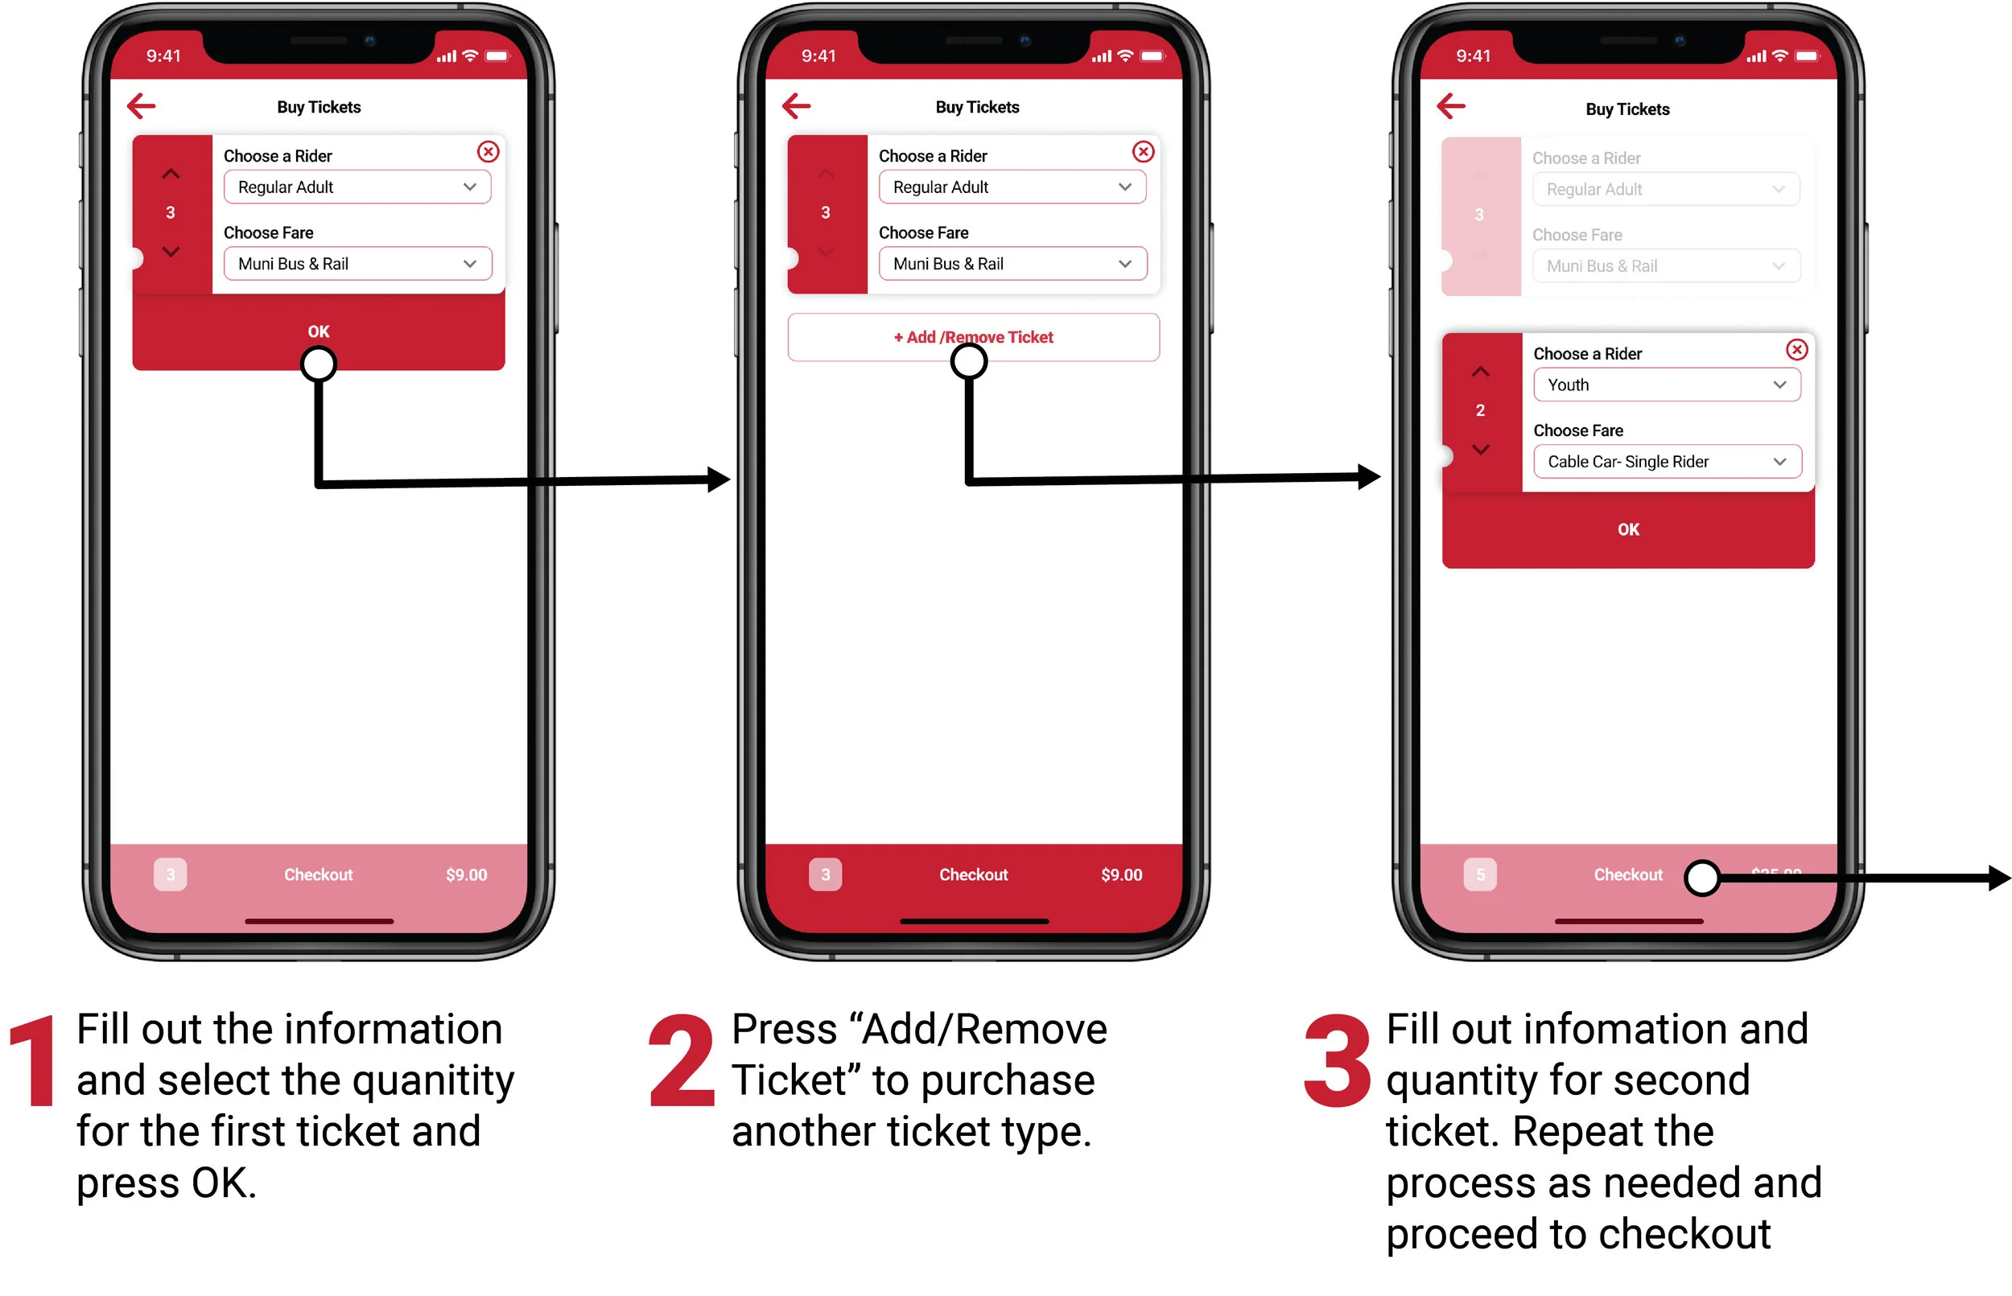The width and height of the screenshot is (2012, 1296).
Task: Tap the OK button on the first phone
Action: pos(318,331)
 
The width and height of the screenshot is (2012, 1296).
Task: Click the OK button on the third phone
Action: pos(1627,529)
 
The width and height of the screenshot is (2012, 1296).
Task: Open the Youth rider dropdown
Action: pos(1666,385)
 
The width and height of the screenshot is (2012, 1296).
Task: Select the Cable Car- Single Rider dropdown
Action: pos(1666,461)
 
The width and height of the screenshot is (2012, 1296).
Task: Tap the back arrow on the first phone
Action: pos(142,106)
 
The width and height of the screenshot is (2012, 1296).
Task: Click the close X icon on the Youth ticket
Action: pos(1796,349)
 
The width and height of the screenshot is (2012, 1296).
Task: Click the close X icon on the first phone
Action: pos(489,151)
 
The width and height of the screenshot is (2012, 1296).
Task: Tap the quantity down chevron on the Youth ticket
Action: pos(1480,450)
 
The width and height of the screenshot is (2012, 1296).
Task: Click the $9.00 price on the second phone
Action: pos(1121,874)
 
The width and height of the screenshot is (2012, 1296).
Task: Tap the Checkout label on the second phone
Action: pos(973,874)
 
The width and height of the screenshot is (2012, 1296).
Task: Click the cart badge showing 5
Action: pos(1480,874)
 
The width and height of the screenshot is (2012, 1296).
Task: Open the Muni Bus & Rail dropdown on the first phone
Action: pos(357,263)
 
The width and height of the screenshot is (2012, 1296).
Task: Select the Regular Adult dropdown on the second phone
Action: pos(1012,187)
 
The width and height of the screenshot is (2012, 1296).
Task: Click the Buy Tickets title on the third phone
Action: pos(1627,109)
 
